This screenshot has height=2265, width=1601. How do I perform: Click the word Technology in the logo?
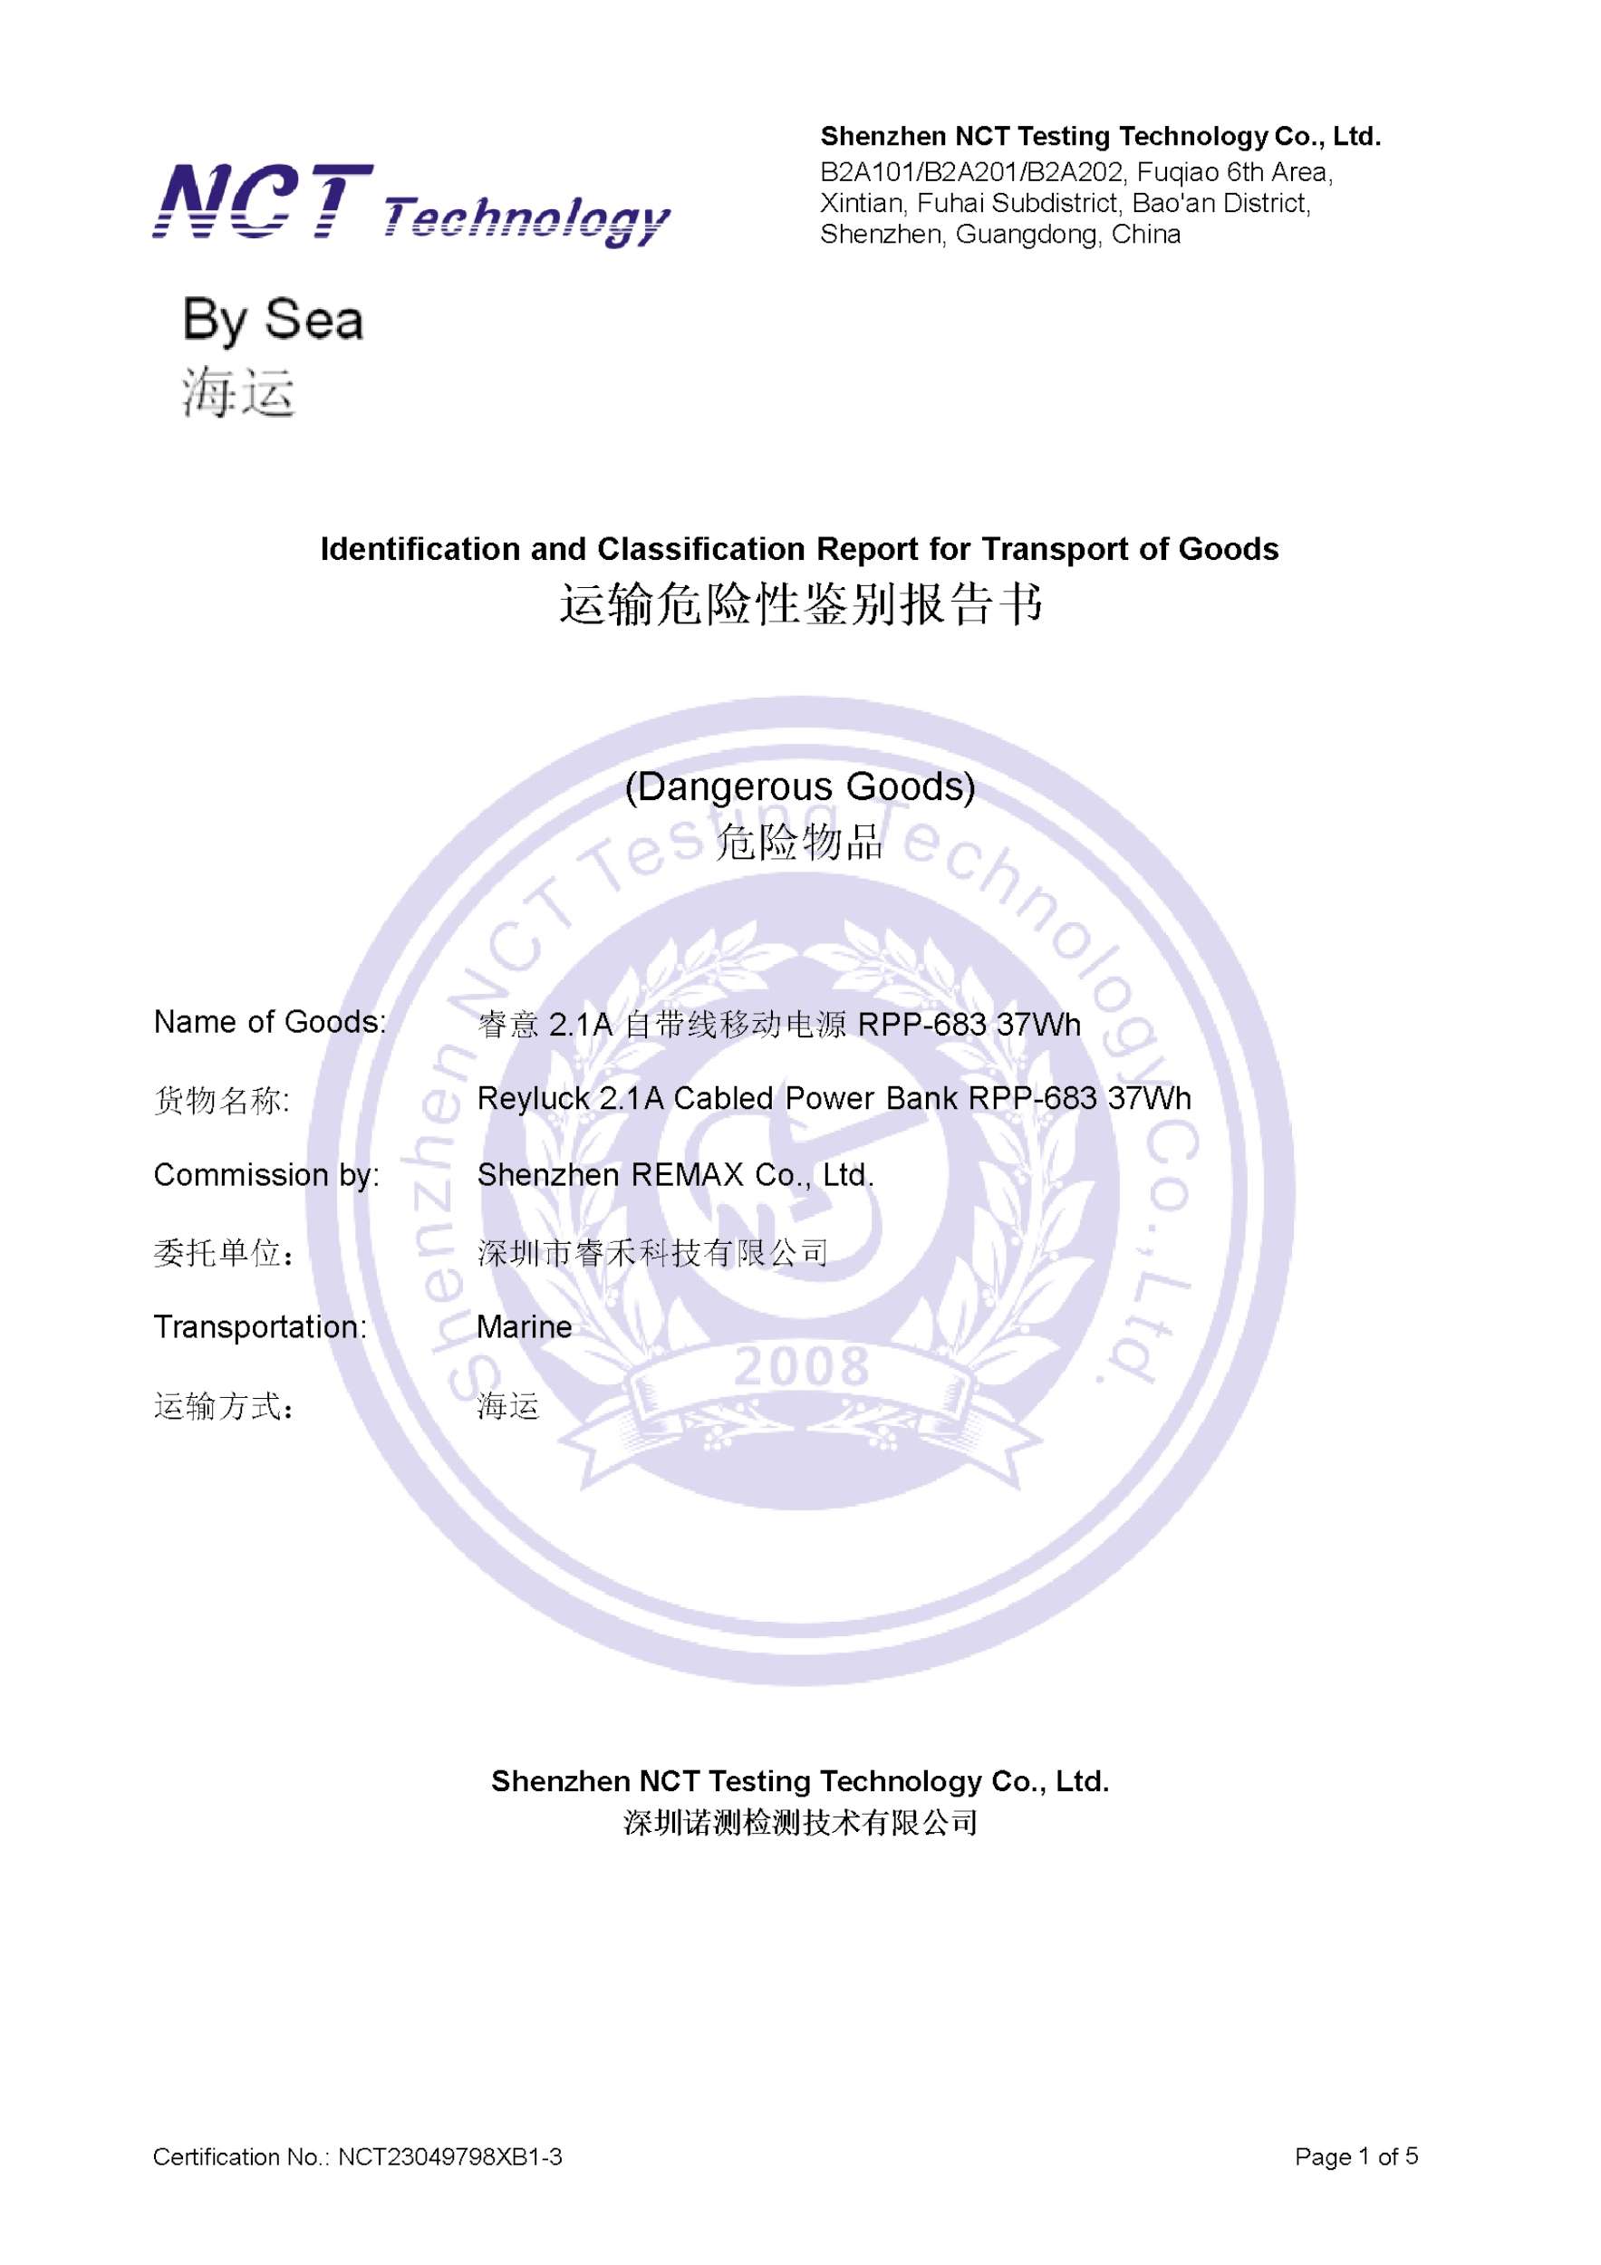[526, 220]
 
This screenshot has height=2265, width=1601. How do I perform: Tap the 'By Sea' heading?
[274, 321]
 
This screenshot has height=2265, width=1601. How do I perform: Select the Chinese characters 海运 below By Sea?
[237, 392]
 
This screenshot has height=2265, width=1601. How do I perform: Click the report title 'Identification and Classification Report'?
[799, 549]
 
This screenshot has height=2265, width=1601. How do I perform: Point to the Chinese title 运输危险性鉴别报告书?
[800, 603]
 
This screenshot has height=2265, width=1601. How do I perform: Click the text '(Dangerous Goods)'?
[800, 786]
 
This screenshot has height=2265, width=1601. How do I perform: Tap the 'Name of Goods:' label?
[269, 1022]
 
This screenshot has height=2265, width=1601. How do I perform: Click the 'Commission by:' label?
[266, 1175]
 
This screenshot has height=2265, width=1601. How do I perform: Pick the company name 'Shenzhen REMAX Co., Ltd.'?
[676, 1175]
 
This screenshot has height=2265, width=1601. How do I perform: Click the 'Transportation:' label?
[259, 1327]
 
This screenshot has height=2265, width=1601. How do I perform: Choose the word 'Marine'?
[524, 1327]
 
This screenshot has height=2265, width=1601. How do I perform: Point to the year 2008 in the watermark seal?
[801, 1367]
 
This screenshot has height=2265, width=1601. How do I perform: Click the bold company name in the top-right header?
[1100, 136]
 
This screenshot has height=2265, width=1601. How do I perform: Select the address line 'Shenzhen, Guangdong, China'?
[1000, 235]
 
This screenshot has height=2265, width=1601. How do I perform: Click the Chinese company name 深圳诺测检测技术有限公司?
[800, 1823]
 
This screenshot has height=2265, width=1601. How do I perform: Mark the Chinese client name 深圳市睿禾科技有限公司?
[652, 1254]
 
